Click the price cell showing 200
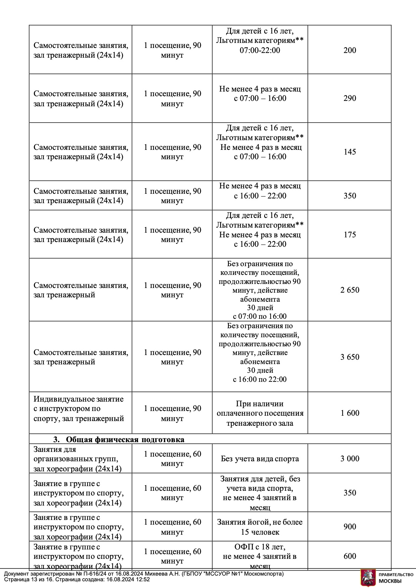[x=350, y=50]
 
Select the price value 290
[x=350, y=98]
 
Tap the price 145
[x=350, y=152]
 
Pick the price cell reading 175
[x=350, y=235]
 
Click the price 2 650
[x=350, y=290]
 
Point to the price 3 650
[x=350, y=357]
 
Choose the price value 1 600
[x=350, y=413]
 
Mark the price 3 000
[x=350, y=459]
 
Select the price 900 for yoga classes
[x=350, y=527]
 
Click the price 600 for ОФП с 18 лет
[x=350, y=556]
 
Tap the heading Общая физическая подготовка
[x=125, y=439]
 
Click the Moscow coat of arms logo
[x=368, y=578]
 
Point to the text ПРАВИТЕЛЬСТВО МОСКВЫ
[x=396, y=577]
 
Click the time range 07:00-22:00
[x=260, y=50]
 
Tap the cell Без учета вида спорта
[x=260, y=459]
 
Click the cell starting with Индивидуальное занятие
[x=79, y=409]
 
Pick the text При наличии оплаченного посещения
[x=260, y=409]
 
